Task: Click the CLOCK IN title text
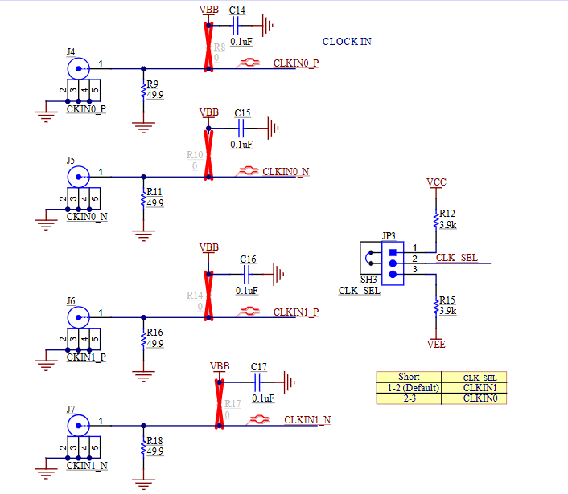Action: click(347, 42)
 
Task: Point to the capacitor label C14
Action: click(237, 10)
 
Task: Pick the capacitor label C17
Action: click(258, 367)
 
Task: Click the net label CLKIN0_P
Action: click(296, 63)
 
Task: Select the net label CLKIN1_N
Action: click(307, 420)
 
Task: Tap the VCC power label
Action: click(436, 182)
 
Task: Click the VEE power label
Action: click(436, 344)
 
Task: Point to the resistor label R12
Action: click(447, 214)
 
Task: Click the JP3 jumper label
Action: click(389, 236)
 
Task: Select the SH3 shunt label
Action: click(368, 279)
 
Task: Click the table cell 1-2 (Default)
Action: click(409, 387)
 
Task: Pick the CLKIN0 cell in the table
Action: click(480, 398)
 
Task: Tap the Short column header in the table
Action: click(409, 377)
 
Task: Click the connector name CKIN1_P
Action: click(86, 357)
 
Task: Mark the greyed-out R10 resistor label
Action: click(195, 154)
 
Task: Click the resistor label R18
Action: click(154, 441)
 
